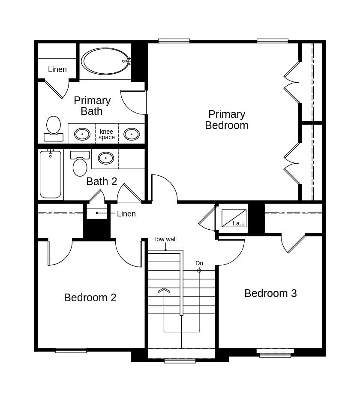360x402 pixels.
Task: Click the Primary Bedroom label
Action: (x=227, y=120)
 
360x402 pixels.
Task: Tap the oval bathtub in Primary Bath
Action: (x=105, y=61)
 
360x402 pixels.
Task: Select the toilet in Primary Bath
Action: (x=54, y=129)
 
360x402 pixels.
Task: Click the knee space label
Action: (x=107, y=134)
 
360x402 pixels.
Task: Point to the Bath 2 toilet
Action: (x=80, y=164)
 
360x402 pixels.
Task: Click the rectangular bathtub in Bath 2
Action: (x=51, y=174)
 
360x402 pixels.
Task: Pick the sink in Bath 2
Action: (x=106, y=158)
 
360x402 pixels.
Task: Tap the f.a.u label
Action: (x=238, y=223)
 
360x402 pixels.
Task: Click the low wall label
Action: (x=166, y=239)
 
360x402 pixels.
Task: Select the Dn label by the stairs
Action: (x=199, y=263)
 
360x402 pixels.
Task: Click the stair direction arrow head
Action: (x=164, y=290)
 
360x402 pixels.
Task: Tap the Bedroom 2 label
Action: (x=90, y=298)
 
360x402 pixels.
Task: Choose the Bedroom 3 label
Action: (x=270, y=293)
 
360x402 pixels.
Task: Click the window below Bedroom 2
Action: (x=71, y=351)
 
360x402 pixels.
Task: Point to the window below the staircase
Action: (x=180, y=361)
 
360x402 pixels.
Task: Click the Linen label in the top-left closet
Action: (x=57, y=69)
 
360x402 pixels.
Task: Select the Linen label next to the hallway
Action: (x=126, y=214)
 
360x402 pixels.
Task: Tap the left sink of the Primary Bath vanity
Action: (x=82, y=134)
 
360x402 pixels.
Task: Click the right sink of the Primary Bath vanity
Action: (x=132, y=134)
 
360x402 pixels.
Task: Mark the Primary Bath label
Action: (x=92, y=106)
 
